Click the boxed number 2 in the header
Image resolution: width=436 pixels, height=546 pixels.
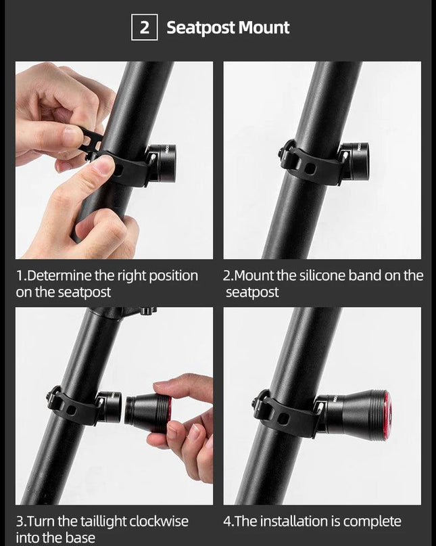point(145,27)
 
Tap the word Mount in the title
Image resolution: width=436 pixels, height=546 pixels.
point(264,28)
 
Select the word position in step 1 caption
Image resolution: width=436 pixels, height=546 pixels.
point(173,276)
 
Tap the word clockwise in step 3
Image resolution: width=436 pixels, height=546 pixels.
point(159,521)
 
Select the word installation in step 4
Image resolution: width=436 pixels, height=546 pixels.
point(294,521)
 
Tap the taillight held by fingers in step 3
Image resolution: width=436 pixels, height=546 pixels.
point(149,414)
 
